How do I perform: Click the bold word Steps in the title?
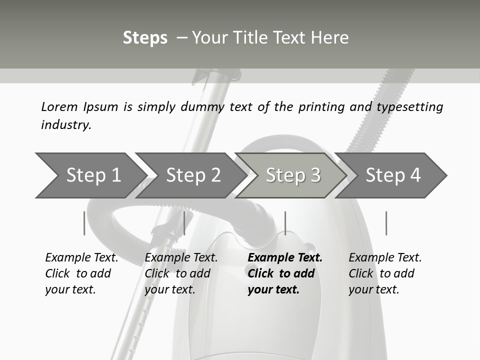[145, 38]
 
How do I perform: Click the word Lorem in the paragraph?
[59, 106]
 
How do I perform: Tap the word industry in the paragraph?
[66, 124]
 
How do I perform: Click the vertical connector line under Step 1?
[84, 223]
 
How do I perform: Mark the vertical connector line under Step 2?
[184, 223]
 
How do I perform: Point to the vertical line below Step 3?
[285, 223]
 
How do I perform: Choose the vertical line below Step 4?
[386, 223]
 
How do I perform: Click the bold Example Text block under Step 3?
[285, 273]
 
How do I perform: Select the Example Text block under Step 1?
[81, 273]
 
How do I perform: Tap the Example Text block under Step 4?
[385, 273]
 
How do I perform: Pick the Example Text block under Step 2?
[181, 273]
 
